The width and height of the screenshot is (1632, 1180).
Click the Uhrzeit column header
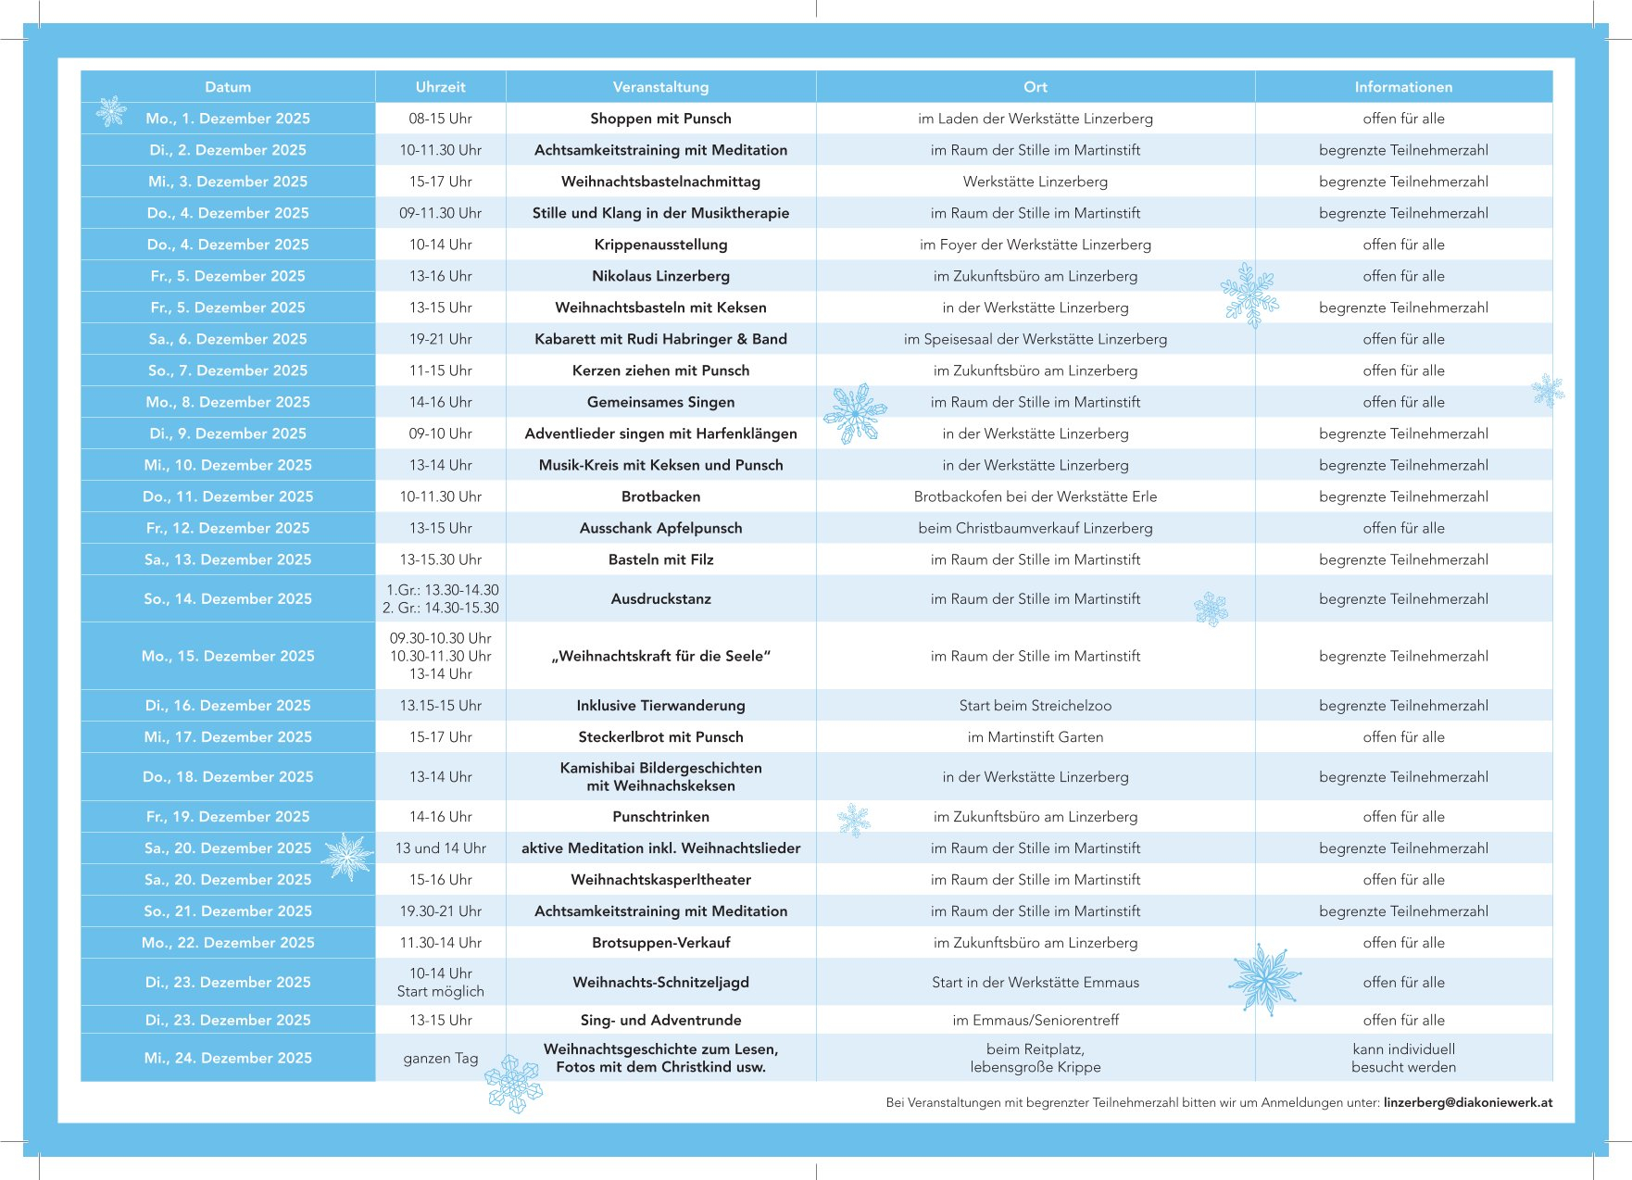coord(440,87)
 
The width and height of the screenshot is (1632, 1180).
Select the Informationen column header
coord(1403,87)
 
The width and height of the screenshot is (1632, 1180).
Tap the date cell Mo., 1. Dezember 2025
coord(228,119)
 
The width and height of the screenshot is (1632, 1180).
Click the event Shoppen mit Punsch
coord(660,119)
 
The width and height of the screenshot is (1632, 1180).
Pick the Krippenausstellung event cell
coord(660,245)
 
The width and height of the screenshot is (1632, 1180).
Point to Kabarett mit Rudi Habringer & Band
coord(660,339)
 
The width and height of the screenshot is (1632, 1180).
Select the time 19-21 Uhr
coord(440,339)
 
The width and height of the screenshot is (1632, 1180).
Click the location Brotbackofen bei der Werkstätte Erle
coord(1035,496)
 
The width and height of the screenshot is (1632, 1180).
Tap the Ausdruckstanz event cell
coord(660,599)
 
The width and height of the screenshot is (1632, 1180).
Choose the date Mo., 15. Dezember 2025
coord(228,656)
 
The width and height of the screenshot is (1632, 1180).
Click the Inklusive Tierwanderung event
coord(660,706)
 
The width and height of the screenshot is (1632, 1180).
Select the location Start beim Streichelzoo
coord(1035,706)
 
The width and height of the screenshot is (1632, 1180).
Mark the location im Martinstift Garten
coord(1035,737)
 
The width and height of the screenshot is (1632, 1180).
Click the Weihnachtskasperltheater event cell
coord(660,880)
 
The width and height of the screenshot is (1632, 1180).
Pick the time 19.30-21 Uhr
coord(440,911)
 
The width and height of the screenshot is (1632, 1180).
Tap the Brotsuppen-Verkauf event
coord(660,943)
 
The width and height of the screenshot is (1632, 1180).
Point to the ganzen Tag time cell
coord(440,1058)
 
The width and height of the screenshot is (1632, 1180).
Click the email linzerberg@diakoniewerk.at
coord(1467,1102)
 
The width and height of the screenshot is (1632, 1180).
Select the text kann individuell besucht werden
coord(1403,1058)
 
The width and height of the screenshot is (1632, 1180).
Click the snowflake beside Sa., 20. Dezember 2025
coord(348,857)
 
